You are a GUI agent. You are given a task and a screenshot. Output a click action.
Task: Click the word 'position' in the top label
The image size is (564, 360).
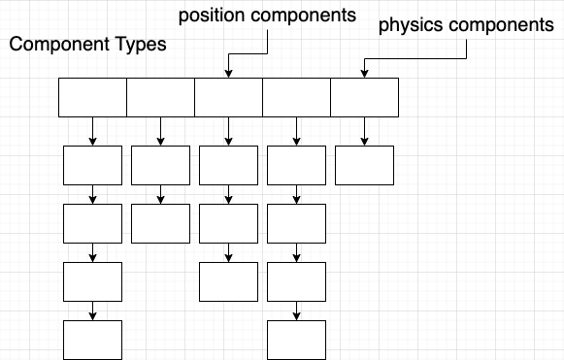[x=209, y=16]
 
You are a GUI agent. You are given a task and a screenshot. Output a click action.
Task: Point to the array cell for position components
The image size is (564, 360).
[x=228, y=97]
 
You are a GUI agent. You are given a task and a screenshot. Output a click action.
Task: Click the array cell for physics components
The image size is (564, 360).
[x=364, y=97]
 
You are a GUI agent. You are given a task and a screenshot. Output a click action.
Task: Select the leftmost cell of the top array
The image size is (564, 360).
[x=93, y=97]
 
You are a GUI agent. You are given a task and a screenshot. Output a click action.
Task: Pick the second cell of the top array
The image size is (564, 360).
[x=160, y=97]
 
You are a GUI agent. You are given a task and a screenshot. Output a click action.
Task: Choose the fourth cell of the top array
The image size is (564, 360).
[x=296, y=97]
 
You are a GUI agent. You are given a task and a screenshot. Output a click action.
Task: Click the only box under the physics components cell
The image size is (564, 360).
[x=364, y=165]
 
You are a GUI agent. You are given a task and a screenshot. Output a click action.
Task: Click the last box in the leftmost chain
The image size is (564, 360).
[x=93, y=340]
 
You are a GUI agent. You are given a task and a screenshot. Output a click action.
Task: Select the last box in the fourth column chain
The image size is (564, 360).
[x=296, y=340]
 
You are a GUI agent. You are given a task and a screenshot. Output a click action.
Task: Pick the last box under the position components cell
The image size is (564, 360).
[x=228, y=281]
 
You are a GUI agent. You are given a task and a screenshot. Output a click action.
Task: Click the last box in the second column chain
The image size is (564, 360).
[x=160, y=223]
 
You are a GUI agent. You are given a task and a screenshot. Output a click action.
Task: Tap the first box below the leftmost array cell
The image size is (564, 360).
[x=93, y=165]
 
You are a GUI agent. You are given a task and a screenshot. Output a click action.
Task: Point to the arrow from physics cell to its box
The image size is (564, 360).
[x=364, y=131]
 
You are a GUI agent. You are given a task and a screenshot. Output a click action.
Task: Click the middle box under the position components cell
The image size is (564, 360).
[x=228, y=223]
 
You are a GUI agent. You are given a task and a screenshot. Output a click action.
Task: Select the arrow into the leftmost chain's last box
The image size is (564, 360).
[x=93, y=311]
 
